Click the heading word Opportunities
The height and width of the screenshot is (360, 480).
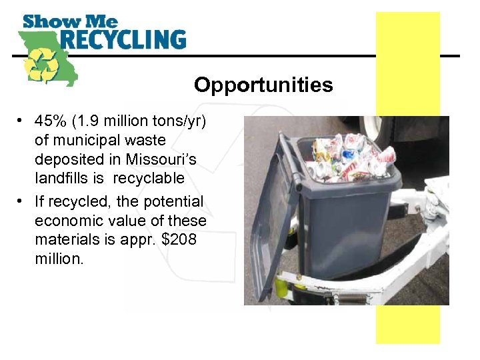pos(263,85)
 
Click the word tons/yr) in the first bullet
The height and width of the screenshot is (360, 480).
pos(179,122)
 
